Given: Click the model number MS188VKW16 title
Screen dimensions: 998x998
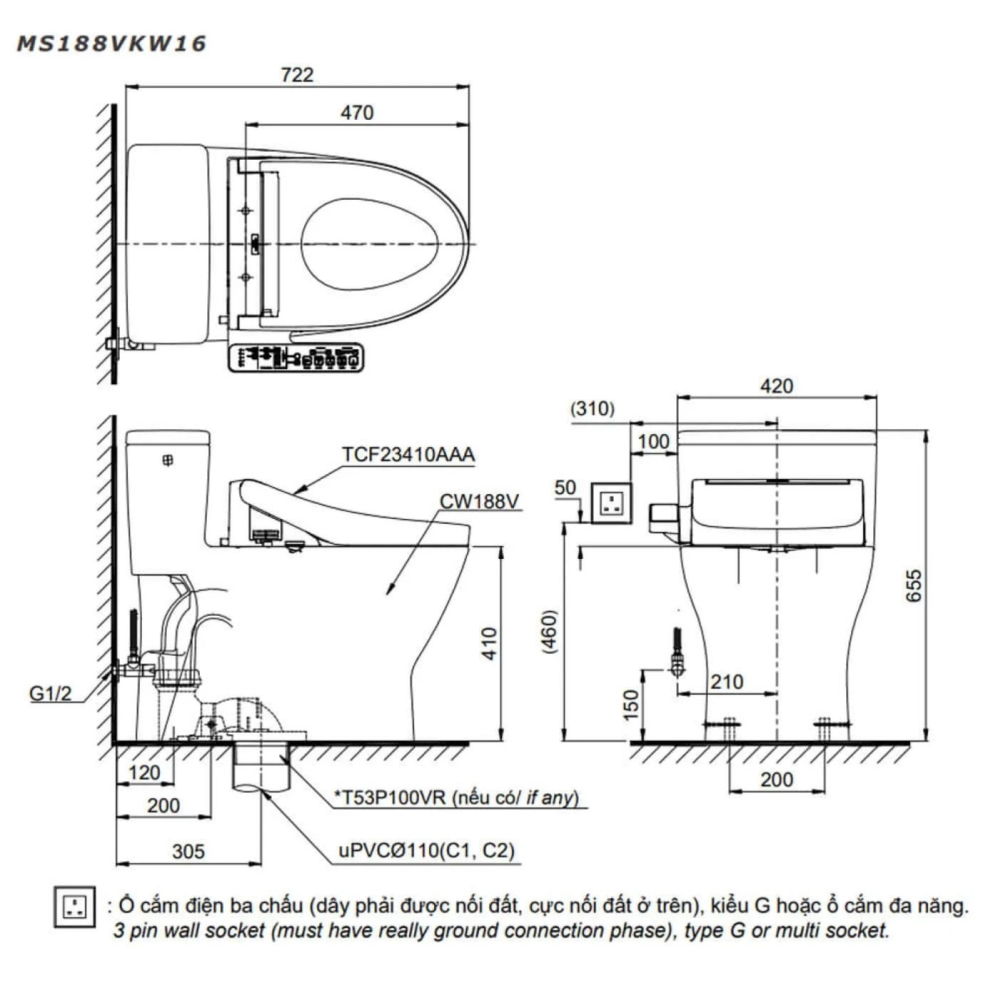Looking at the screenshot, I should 111,44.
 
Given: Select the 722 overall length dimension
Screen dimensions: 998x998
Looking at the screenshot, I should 297,75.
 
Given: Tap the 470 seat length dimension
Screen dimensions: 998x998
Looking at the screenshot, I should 356,113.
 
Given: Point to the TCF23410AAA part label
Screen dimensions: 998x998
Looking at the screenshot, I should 408,455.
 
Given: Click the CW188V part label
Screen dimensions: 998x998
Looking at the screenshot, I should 479,501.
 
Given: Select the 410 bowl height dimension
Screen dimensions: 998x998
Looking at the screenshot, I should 489,643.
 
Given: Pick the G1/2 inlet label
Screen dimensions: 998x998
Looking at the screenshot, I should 51,693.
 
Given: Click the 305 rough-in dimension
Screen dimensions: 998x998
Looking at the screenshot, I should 188,851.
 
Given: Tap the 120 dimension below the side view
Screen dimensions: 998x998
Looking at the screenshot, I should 144,773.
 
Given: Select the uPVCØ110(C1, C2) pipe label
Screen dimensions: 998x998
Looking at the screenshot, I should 426,850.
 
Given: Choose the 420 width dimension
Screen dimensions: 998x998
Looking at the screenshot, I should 776,386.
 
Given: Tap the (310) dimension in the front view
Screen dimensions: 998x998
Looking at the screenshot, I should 592,408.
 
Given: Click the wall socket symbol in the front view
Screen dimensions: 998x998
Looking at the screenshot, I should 612,503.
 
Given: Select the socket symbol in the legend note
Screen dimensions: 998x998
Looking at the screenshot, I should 75,907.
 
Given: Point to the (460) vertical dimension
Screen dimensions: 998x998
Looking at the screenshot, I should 549,632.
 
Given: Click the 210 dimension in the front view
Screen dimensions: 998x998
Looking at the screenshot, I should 726,682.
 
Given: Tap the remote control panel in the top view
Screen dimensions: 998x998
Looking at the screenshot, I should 296,357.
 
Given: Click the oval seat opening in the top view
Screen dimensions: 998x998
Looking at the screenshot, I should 369,244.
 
